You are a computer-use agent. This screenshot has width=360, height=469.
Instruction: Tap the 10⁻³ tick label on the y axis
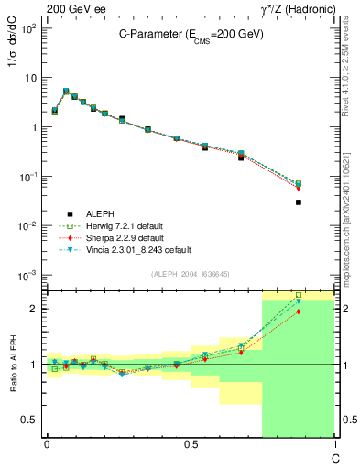pos(27,275)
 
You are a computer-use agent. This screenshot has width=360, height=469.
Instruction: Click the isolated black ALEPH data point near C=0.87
pos(299,202)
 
